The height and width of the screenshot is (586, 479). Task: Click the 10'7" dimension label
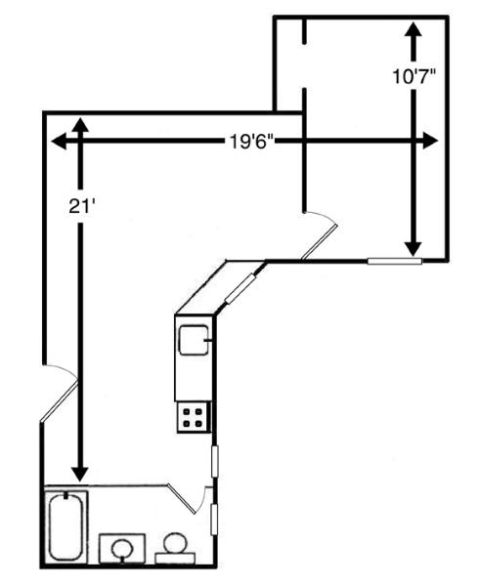[414, 76]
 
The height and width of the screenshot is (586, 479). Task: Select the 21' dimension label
[80, 205]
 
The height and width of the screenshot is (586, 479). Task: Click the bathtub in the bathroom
[66, 527]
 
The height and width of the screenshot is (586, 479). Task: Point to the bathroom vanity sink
[122, 549]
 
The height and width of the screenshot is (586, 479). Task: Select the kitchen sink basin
[194, 340]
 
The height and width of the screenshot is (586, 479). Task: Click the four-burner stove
[194, 417]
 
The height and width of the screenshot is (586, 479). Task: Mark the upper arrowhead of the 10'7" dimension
[414, 29]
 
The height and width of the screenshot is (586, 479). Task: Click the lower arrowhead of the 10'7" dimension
[414, 248]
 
